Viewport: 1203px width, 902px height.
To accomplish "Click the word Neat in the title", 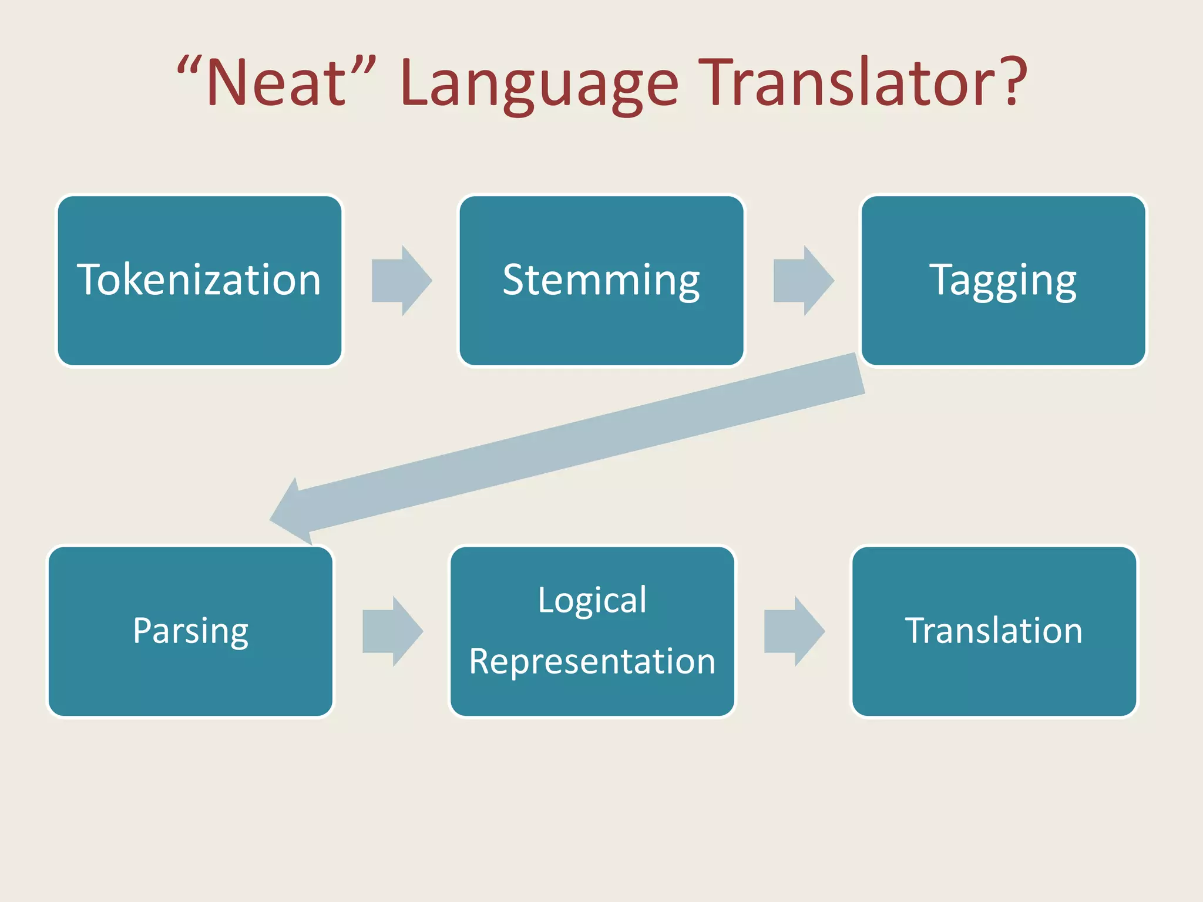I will [276, 83].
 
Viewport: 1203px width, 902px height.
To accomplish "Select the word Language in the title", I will [539, 83].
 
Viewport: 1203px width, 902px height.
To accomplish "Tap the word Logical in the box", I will [592, 600].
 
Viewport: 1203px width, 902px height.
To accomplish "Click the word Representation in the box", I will [592, 661].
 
